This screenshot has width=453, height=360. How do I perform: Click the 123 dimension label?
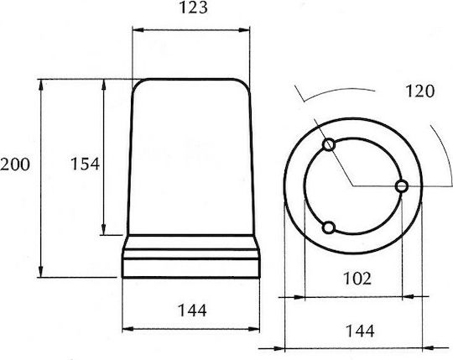pos(193,8)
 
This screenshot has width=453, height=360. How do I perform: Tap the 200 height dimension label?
pos(15,164)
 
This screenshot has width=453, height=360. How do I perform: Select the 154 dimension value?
pos(86,164)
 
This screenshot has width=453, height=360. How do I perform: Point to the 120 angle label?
pos(419,91)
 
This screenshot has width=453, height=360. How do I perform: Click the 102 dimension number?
pos(357,279)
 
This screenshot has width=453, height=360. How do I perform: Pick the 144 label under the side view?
pos(192,310)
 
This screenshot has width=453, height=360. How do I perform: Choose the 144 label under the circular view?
pos(360,331)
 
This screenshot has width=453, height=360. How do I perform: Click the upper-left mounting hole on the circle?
pos(329,144)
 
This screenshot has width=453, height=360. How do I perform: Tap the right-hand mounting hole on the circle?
pos(402,186)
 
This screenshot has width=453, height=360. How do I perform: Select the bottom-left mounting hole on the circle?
pos(329,227)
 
